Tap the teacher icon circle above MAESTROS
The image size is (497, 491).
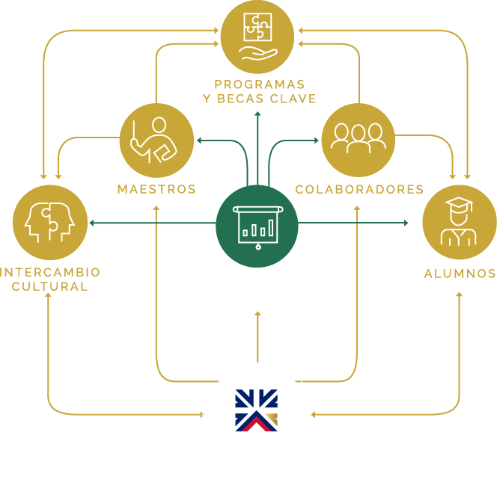(x=156, y=140)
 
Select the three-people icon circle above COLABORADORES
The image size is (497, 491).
(x=358, y=140)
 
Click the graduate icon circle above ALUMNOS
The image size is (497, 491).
(x=459, y=222)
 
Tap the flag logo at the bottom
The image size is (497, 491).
(x=257, y=410)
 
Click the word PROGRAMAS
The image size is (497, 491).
(x=259, y=84)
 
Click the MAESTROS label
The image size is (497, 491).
(x=156, y=189)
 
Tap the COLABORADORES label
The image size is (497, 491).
(x=359, y=189)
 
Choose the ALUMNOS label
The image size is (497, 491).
(x=460, y=274)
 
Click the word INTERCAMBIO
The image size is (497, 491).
(x=50, y=272)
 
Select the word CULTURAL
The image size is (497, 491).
(x=50, y=286)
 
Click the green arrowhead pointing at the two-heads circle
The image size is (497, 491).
(x=91, y=223)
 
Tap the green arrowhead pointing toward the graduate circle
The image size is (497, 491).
(x=406, y=223)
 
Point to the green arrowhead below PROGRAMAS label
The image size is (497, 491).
(x=257, y=114)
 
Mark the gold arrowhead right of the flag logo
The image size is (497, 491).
(x=313, y=413)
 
